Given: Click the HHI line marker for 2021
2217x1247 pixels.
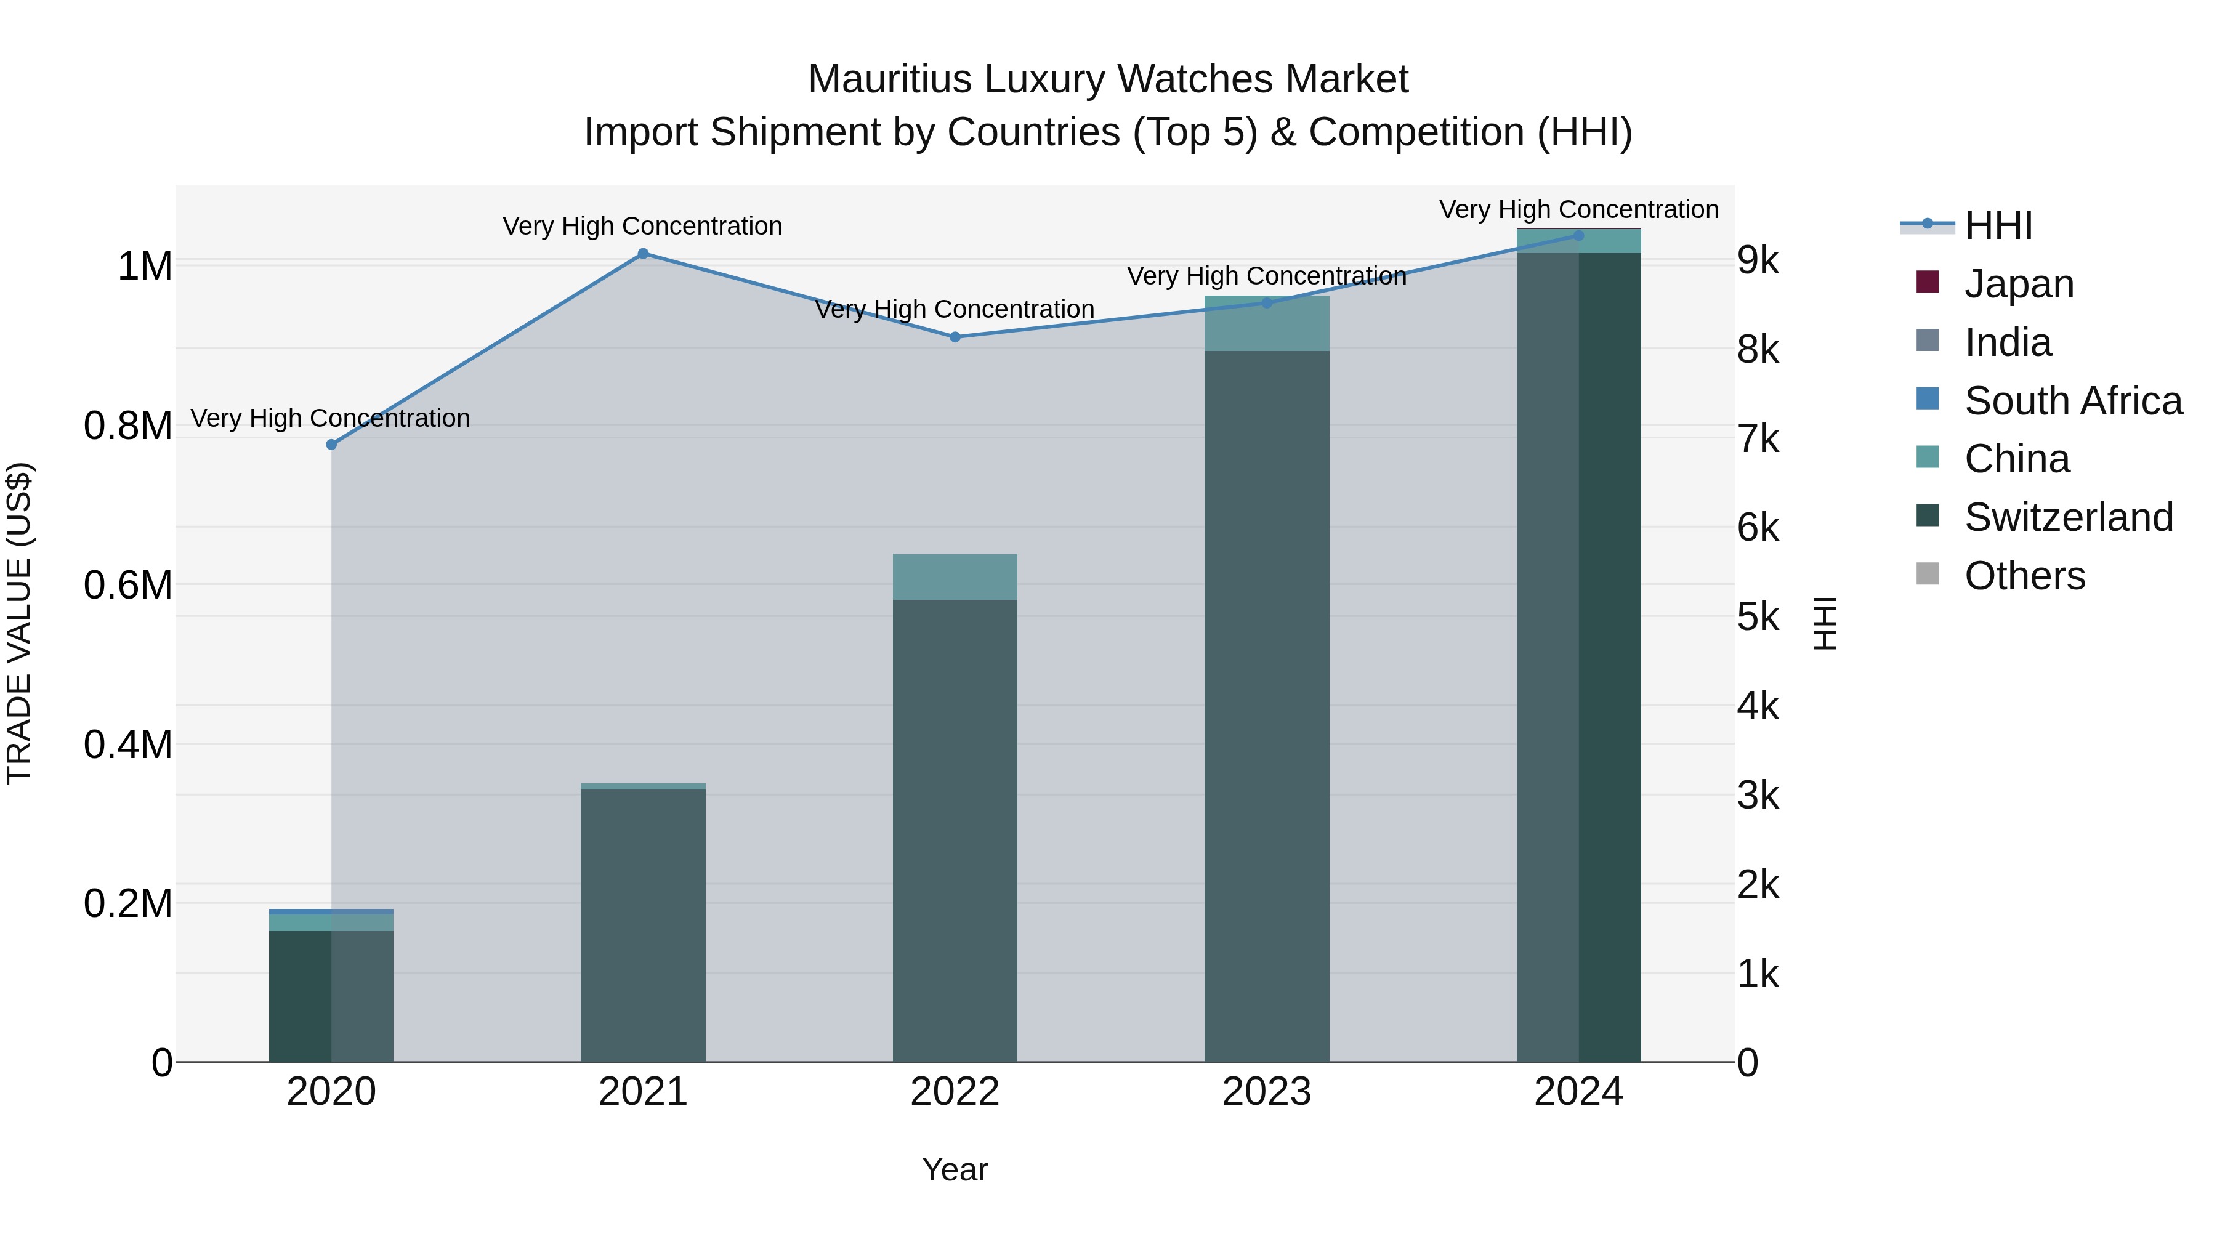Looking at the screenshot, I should click(643, 254).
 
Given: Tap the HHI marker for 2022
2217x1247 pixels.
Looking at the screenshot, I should click(955, 337).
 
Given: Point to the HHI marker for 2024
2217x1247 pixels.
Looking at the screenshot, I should click(1578, 236).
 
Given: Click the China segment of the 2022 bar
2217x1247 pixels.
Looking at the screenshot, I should click(955, 576).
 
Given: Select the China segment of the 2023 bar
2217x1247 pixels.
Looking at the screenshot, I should click(1266, 323).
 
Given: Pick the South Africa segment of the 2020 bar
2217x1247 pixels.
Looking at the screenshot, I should click(331, 911).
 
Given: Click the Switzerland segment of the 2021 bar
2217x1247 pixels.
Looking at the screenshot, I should click(643, 925).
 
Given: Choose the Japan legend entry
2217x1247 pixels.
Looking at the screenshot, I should click(2018, 284).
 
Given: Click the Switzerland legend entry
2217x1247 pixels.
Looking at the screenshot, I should click(2068, 517).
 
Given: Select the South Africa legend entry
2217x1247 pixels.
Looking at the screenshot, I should click(2072, 401).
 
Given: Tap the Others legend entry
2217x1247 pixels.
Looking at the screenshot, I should click(2024, 576).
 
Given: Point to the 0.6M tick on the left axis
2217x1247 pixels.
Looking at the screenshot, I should click(128, 585).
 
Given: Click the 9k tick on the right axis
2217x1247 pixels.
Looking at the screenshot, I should click(1758, 260).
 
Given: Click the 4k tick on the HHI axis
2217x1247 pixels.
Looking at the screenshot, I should click(1758, 706).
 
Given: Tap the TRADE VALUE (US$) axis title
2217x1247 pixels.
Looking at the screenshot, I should click(19, 623).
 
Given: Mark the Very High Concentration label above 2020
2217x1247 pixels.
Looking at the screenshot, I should click(331, 418).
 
